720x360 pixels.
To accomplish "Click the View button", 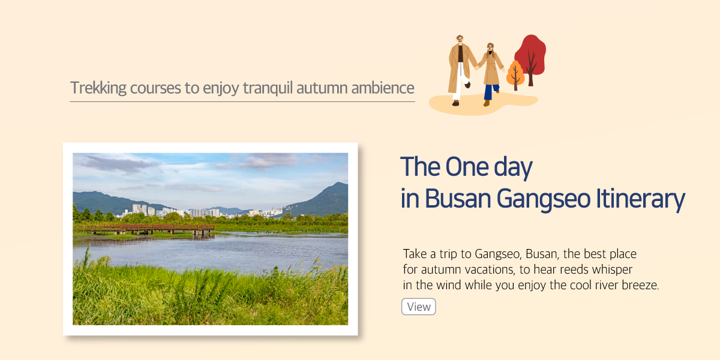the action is point(419,307).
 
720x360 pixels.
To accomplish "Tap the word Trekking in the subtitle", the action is point(98,88).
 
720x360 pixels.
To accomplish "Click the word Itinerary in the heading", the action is point(641,199).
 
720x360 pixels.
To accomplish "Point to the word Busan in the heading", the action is point(458,199).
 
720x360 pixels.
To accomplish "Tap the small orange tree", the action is point(515,75).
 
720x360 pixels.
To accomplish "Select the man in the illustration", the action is point(461,70).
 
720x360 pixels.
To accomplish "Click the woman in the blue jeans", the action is point(490,74).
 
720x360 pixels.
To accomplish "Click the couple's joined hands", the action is point(478,67).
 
